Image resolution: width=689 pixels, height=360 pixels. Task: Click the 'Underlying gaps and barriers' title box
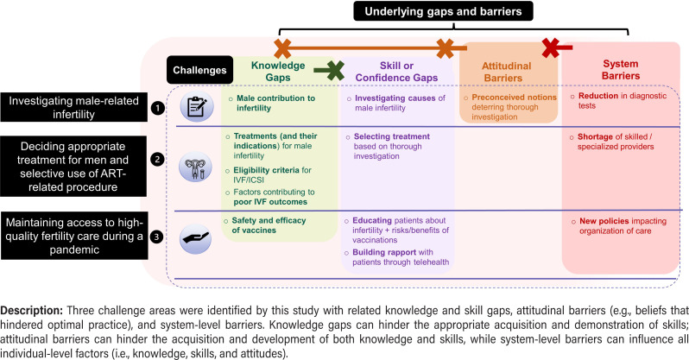(446, 11)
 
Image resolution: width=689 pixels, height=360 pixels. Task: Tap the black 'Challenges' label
(199, 70)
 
